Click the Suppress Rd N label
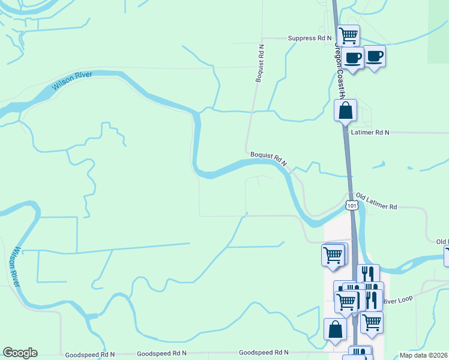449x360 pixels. (310, 38)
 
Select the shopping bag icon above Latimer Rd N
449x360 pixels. (345, 110)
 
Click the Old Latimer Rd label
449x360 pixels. (376, 201)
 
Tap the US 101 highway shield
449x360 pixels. (352, 206)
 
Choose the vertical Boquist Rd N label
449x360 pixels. (260, 62)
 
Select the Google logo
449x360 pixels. (20, 353)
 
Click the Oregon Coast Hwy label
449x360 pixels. (340, 75)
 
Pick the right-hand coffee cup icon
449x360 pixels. (375, 56)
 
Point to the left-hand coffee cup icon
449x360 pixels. (353, 58)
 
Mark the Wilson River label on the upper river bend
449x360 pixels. (71, 80)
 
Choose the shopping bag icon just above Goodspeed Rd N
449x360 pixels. (335, 329)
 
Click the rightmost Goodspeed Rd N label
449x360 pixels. (264, 353)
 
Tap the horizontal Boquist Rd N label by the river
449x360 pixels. (269, 158)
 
